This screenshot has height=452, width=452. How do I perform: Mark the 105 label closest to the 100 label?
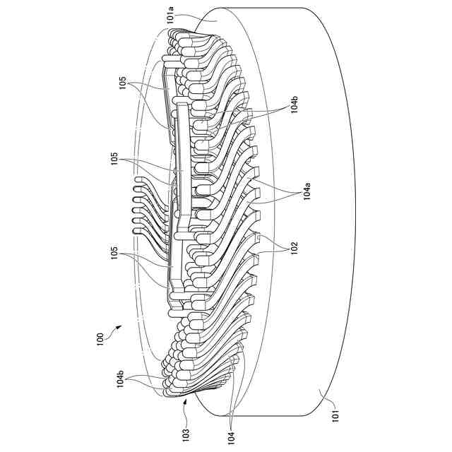[115, 254]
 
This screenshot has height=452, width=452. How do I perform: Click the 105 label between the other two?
[115, 159]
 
